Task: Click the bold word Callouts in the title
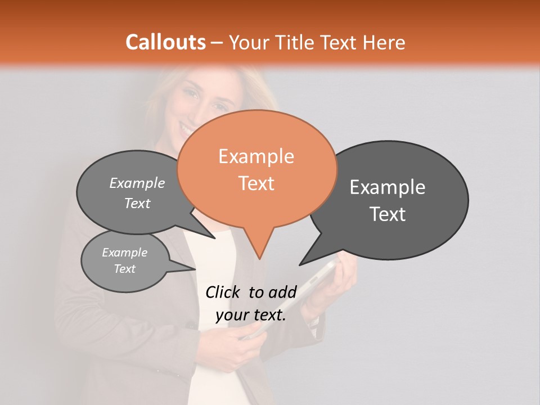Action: (166, 42)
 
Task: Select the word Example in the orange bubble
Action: (256, 156)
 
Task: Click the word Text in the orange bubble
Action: (256, 183)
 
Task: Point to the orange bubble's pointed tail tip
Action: (259, 258)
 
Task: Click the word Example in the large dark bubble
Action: (388, 187)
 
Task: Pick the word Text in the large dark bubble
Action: (388, 214)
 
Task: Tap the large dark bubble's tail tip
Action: (300, 264)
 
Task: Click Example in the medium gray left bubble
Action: (137, 183)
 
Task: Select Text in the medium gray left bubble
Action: (137, 203)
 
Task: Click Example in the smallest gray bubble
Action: (124, 253)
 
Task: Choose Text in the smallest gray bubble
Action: (124, 269)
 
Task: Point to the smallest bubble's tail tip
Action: (195, 269)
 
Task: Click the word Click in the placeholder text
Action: (223, 291)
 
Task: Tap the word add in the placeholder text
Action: (282, 291)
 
